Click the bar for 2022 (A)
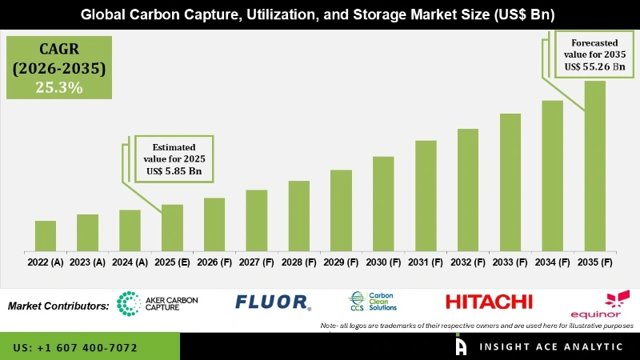[46, 235]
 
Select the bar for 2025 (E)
[172, 227]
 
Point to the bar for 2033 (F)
[510, 182]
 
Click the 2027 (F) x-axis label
[257, 262]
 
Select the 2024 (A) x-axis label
[130, 262]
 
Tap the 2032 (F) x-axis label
[468, 262]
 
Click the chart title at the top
[320, 15]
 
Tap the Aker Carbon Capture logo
[157, 302]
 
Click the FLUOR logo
[273, 302]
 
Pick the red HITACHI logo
[489, 302]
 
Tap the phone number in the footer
[75, 348]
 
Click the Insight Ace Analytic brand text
[552, 346]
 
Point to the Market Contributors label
[58, 306]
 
